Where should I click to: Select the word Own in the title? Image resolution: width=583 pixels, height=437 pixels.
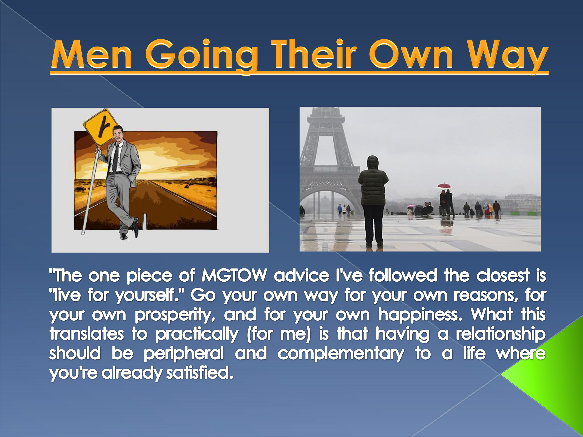(x=411, y=54)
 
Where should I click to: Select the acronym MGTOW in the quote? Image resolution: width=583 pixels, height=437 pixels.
(x=234, y=276)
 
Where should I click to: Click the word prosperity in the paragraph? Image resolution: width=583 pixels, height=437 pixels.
(x=175, y=315)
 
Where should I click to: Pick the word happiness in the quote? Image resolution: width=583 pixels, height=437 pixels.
(x=420, y=315)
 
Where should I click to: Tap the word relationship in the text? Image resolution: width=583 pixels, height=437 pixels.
(x=500, y=334)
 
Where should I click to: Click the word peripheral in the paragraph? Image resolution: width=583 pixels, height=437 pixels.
(x=184, y=353)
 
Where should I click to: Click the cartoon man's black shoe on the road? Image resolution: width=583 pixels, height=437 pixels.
(x=135, y=228)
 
